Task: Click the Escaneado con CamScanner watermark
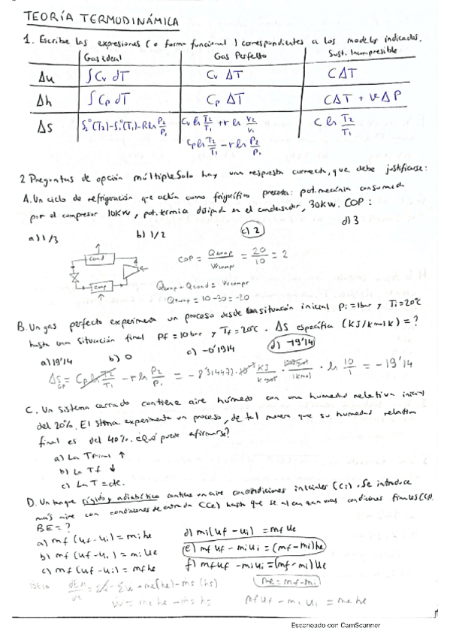335,625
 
